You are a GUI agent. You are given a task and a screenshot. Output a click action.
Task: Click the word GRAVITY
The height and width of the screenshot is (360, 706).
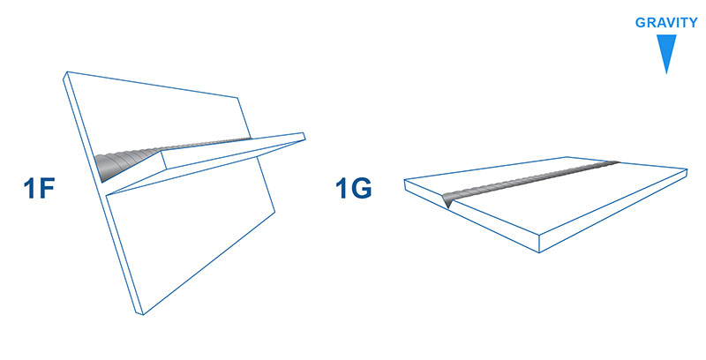coord(666,23)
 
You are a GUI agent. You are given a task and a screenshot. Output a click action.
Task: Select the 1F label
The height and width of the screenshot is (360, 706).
coord(39,188)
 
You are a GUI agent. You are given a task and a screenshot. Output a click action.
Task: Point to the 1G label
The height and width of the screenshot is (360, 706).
coord(354,188)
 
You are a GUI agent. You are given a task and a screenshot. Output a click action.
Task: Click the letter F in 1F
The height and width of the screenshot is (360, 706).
coord(47,188)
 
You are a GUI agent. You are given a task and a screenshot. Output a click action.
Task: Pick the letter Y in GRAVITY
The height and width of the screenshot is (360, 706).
coord(693,23)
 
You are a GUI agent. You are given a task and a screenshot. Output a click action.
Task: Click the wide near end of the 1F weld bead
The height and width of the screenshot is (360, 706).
coord(104,167)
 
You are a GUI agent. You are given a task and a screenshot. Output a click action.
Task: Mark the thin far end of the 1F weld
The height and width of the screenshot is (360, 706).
coord(249,139)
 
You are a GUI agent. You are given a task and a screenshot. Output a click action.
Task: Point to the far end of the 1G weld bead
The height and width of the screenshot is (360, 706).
coord(617,162)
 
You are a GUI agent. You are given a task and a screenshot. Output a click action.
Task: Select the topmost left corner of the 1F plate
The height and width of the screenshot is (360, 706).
coord(67,71)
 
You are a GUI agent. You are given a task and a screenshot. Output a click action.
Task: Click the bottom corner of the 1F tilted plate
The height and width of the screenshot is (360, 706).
coord(142,314)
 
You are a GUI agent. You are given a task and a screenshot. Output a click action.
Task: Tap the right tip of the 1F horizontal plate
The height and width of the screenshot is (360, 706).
coord(304,137)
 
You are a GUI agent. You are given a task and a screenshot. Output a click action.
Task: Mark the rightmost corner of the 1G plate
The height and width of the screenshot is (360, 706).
coord(687,170)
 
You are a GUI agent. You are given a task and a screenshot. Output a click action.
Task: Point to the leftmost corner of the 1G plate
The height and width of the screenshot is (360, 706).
coord(405,180)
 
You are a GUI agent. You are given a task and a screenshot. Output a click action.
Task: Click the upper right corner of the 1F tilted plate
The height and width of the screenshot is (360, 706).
coord(237,97)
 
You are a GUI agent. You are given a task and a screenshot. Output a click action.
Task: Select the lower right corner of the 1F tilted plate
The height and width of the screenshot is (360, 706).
coord(274,212)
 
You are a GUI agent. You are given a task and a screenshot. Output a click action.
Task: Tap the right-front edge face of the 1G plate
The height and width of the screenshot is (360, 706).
coord(613,211)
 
